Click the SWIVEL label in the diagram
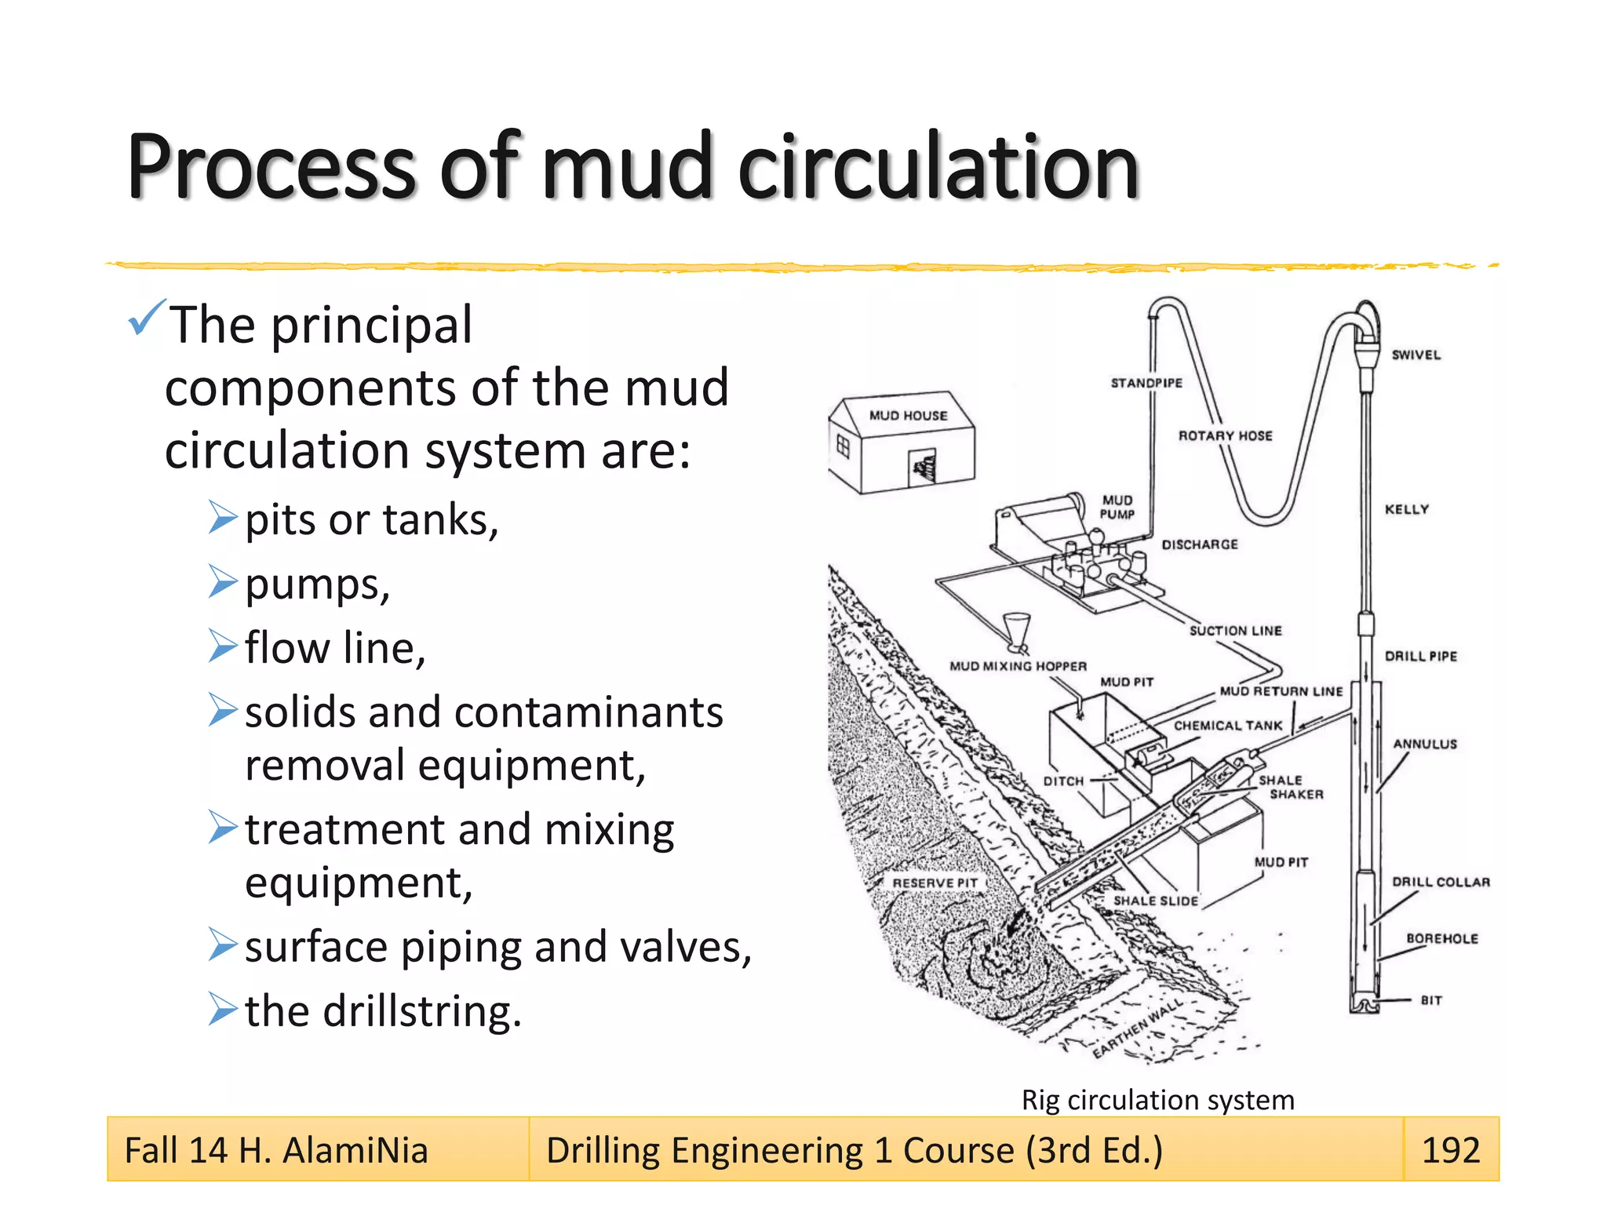point(1416,355)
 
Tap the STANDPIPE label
point(1146,383)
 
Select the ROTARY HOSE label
point(1225,435)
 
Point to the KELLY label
point(1406,509)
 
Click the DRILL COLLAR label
point(1441,882)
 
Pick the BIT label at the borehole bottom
point(1431,1000)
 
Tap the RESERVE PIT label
point(935,883)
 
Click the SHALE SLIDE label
point(1156,901)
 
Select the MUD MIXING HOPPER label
point(1018,666)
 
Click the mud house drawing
point(902,443)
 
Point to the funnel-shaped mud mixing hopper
point(1017,631)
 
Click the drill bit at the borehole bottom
point(1365,1004)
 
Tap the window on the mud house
point(844,447)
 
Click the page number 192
point(1450,1150)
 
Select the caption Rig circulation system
point(1157,1100)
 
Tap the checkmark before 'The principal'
point(146,317)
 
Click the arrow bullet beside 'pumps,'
point(223,582)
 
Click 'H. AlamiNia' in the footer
point(333,1151)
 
